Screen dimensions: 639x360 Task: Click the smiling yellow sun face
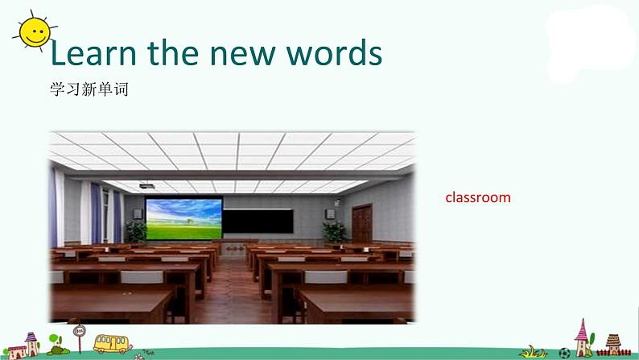point(35,31)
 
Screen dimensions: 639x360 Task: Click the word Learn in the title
point(93,53)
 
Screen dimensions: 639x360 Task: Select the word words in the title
point(334,53)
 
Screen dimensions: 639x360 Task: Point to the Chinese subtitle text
point(89,89)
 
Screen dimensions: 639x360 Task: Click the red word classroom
point(477,197)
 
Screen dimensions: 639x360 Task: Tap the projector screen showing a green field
point(183,218)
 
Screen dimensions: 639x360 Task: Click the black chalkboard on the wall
point(258,221)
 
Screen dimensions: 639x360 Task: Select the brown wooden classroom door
point(362,224)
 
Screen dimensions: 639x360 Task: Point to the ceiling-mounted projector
point(147,186)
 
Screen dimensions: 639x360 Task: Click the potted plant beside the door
point(334,233)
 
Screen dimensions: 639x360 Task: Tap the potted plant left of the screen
point(136,233)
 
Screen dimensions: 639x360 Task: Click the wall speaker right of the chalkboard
point(330,214)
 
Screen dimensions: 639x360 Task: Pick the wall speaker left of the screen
point(138,214)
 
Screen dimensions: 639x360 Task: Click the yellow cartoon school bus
point(111,344)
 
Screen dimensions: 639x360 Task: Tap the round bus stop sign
point(79,331)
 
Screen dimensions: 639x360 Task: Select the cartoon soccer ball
point(564,353)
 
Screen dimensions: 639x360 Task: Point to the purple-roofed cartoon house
point(31,344)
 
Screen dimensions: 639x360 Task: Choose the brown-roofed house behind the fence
point(613,343)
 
